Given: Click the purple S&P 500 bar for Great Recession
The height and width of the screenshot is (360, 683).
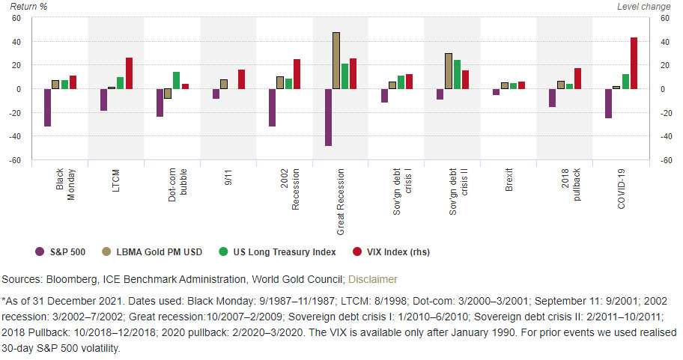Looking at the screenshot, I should click(x=328, y=117).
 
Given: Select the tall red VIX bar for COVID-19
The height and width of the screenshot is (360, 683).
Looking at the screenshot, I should click(x=634, y=64).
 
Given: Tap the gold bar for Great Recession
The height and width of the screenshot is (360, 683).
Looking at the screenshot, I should click(x=336, y=61).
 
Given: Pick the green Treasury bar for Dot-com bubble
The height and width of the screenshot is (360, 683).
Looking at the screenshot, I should click(x=176, y=80).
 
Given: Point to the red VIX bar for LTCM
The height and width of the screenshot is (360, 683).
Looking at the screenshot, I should click(x=129, y=73).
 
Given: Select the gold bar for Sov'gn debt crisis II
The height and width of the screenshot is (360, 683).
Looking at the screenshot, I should click(x=449, y=71).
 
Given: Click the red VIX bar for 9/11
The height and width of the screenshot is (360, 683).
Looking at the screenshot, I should click(x=241, y=79).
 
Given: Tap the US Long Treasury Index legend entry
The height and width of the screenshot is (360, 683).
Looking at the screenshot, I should click(x=279, y=251).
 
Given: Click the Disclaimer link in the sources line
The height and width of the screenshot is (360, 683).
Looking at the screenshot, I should click(x=373, y=279).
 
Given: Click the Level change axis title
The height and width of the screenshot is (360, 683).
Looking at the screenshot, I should click(x=643, y=6).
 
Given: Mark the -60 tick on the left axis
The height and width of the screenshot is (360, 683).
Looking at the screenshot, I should click(x=15, y=160).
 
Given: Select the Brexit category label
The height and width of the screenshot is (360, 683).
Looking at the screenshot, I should click(x=509, y=181).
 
